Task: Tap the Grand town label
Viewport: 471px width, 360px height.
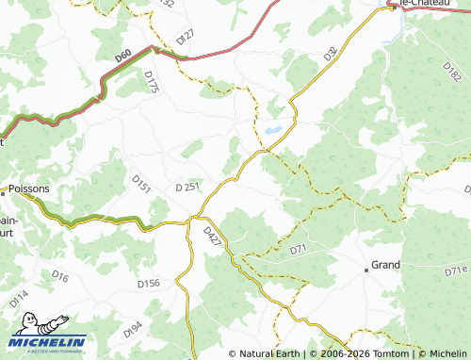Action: (x=386, y=266)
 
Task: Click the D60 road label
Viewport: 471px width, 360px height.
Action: (x=123, y=57)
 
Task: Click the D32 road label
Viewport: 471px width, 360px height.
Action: (x=331, y=55)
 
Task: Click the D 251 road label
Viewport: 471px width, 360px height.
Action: (x=187, y=188)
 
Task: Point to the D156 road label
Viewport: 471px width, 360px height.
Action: (x=148, y=283)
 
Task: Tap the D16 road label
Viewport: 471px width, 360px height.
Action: (x=60, y=276)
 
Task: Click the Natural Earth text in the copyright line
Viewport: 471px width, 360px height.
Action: (x=268, y=353)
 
